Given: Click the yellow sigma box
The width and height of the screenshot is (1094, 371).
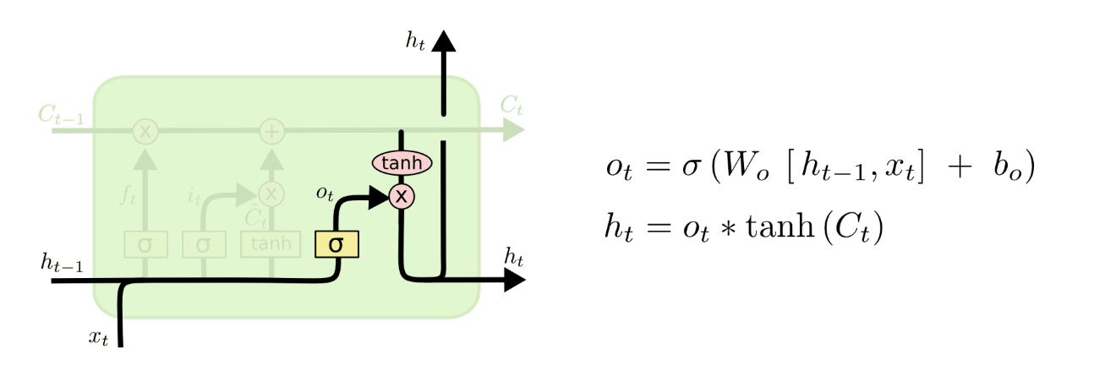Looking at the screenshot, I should pyautogui.click(x=336, y=244).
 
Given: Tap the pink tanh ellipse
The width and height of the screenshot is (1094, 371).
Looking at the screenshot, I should pyautogui.click(x=402, y=162).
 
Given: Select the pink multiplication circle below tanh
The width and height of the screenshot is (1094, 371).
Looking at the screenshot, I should pyautogui.click(x=402, y=197).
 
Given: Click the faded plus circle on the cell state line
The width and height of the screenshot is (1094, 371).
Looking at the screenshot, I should pyautogui.click(x=271, y=131).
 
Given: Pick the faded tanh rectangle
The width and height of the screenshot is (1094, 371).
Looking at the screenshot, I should pyautogui.click(x=271, y=244).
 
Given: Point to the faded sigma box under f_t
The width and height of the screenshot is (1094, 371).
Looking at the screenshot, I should pyautogui.click(x=145, y=245).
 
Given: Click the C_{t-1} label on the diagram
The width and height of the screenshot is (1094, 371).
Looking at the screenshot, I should pyautogui.click(x=61, y=116).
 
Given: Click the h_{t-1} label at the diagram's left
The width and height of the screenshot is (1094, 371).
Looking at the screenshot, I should pyautogui.click(x=62, y=263).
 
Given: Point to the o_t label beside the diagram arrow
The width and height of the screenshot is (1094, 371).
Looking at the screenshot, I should pyautogui.click(x=325, y=194).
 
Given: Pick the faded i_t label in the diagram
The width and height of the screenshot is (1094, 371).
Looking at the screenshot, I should pyautogui.click(x=193, y=199).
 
